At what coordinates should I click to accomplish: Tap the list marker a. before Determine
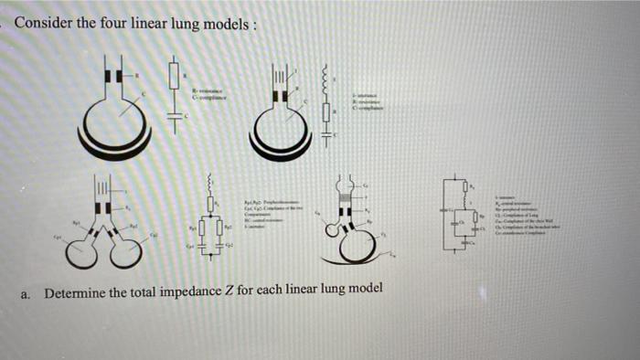click(27, 293)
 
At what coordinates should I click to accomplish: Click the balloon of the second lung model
click(281, 128)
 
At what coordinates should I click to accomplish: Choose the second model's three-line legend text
click(369, 100)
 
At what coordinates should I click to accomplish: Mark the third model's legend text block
click(265, 211)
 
